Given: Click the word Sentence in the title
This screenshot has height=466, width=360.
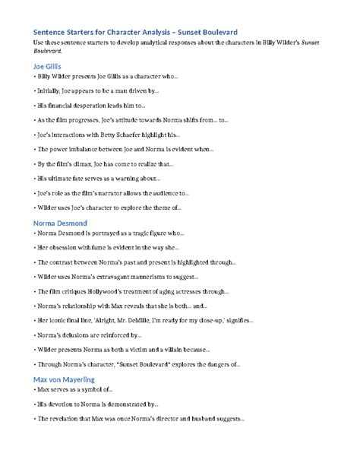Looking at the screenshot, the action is pyautogui.click(x=51, y=31).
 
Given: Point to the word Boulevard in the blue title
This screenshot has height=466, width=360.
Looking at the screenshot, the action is pyautogui.click(x=217, y=31).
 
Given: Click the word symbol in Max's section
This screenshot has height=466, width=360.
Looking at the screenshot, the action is pyautogui.click(x=97, y=390).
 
